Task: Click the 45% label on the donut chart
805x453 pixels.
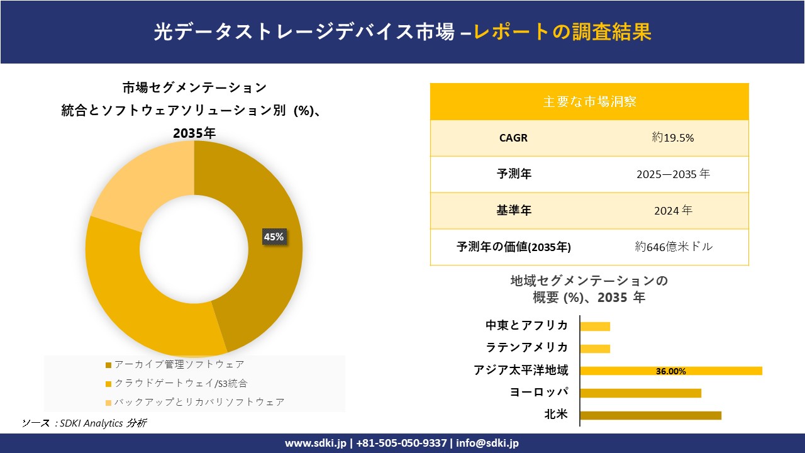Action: point(274,237)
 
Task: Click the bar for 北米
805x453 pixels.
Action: point(650,415)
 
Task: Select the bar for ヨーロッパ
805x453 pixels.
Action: point(640,393)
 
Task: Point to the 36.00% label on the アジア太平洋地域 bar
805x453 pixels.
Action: point(670,371)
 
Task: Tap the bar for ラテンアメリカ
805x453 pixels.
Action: point(595,349)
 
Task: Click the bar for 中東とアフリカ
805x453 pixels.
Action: point(595,326)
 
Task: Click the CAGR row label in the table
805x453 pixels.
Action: point(514,138)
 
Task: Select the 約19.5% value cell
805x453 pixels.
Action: point(673,138)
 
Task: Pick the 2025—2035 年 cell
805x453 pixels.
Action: point(673,174)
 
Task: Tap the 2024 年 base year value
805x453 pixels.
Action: point(673,211)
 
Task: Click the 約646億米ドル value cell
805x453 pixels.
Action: point(674,247)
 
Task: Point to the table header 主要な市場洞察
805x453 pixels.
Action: point(589,101)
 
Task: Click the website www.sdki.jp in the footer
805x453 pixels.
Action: point(316,443)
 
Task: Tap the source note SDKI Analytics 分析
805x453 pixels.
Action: point(101,423)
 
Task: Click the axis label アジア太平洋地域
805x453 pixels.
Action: point(521,371)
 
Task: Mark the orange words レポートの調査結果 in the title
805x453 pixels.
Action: point(562,31)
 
